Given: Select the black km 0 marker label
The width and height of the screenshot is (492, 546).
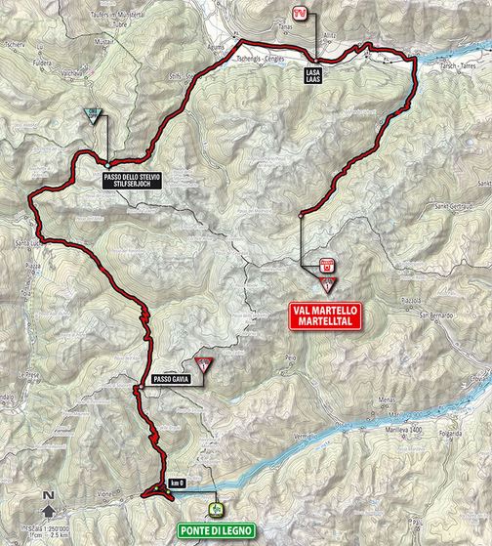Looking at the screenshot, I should click(176, 483).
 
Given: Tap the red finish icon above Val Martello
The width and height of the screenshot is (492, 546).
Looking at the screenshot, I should click(326, 263).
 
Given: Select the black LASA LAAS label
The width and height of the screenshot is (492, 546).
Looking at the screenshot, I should click(315, 73).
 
